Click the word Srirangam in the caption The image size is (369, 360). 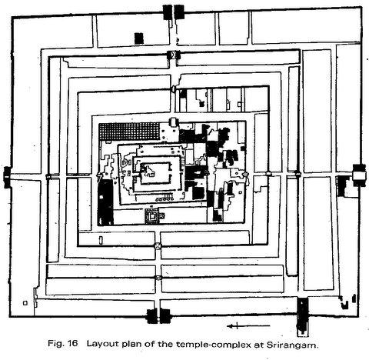pyautogui.click(x=293, y=345)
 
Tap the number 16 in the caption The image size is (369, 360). pyautogui.click(x=72, y=343)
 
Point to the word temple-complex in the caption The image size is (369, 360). pyautogui.click(x=214, y=345)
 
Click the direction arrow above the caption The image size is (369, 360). pyautogui.click(x=248, y=326)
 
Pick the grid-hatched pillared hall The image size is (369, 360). pyautogui.click(x=129, y=132)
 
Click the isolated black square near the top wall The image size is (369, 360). pyautogui.click(x=139, y=38)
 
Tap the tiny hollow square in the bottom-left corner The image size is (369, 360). pyautogui.click(x=25, y=303)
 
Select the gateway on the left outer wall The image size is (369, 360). pyautogui.click(x=7, y=177)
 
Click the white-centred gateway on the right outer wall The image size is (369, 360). pyautogui.click(x=359, y=175)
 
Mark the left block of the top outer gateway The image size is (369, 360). pyautogui.click(x=168, y=12)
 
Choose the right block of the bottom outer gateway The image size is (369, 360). pyautogui.click(x=165, y=316)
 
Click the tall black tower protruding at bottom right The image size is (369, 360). pyautogui.click(x=303, y=317)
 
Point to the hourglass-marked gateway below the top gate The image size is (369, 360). pyautogui.click(x=174, y=55)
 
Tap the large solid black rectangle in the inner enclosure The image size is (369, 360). pyautogui.click(x=105, y=202)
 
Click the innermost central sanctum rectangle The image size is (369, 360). pyautogui.click(x=155, y=173)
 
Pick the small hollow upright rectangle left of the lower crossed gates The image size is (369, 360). pyautogui.click(x=101, y=239)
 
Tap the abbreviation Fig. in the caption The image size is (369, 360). pyautogui.click(x=55, y=344)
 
